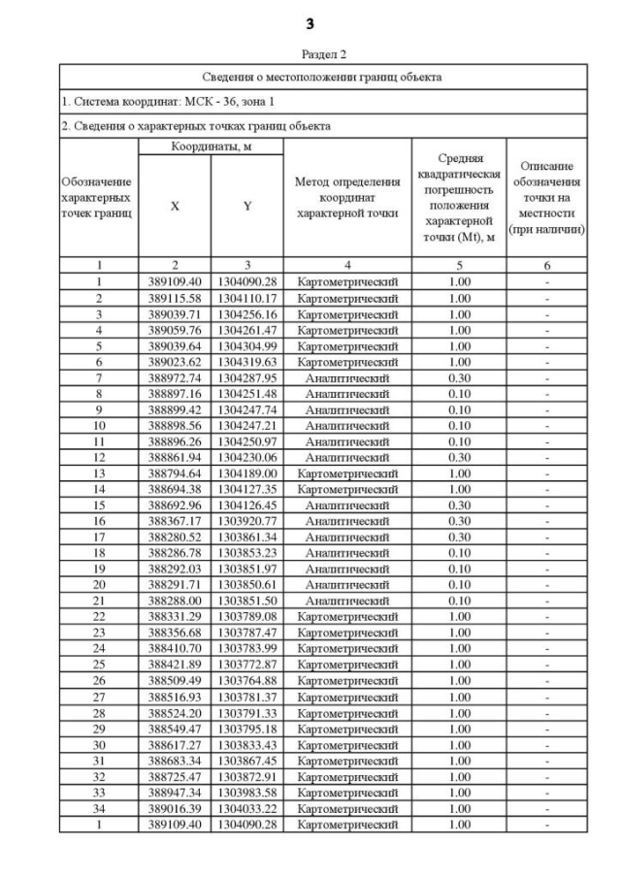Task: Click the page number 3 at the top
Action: pos(310,21)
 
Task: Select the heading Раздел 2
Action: pos(310,54)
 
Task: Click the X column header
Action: pos(175,206)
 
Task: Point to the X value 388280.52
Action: pos(175,537)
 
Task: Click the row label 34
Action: pos(98,808)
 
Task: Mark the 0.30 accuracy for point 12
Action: pos(456,457)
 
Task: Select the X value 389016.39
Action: pos(175,808)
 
